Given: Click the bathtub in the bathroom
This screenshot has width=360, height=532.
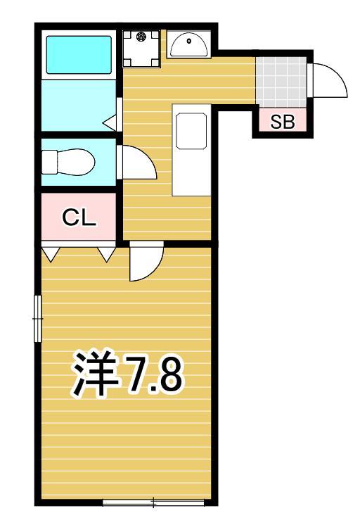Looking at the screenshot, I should coord(79,54).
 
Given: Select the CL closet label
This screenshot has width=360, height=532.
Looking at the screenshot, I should coord(79,217).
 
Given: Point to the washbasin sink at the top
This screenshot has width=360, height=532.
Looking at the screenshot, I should coord(188,46).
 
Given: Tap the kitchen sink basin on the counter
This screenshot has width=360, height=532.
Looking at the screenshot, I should coord(191,131).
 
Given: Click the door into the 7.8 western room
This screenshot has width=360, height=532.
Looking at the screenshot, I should coord(146,262).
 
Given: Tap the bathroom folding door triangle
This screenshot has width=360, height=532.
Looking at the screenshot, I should coord(111,124).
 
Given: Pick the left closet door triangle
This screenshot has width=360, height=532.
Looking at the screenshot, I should coord(51,253).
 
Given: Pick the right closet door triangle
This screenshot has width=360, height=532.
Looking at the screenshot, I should coord(106,253).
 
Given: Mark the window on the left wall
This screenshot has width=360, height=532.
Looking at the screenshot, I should coord(38,319).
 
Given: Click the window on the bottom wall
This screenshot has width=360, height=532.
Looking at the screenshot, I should coord(154,502).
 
